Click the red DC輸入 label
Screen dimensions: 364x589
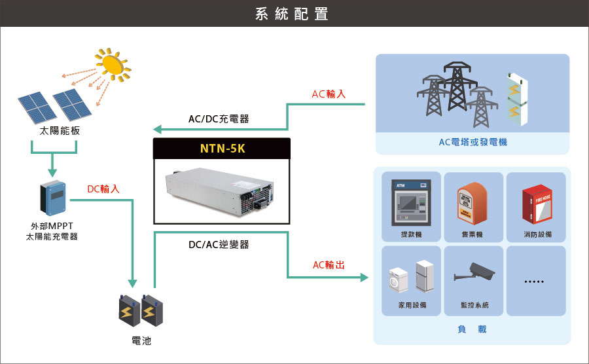coord(103,189)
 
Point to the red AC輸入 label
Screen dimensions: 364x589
coord(329,94)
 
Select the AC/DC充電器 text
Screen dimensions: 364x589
coord(219,118)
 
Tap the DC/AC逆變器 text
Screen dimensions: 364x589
coord(219,245)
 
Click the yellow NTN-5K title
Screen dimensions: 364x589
coord(222,149)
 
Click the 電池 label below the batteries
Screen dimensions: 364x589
coord(141,341)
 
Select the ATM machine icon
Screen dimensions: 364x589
coord(408,202)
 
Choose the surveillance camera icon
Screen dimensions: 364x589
coord(474,271)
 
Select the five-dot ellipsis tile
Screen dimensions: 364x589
coord(535,282)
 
